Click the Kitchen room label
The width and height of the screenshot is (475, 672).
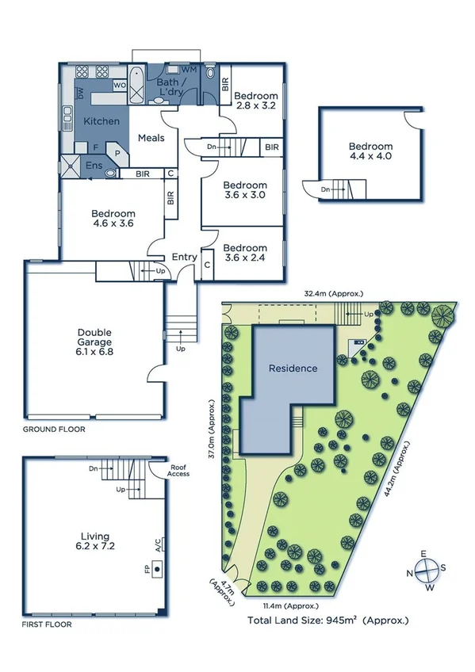[x=102, y=121]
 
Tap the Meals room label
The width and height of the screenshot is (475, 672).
[x=151, y=138]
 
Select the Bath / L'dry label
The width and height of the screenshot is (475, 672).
[x=170, y=86]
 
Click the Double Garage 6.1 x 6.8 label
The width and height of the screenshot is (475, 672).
[x=94, y=342]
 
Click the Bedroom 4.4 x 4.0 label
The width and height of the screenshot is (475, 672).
[x=370, y=151]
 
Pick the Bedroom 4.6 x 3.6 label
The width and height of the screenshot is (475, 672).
[x=113, y=219]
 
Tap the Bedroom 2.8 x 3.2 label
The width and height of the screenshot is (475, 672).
[x=255, y=101]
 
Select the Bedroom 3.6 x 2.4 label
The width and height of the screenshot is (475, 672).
[x=244, y=252]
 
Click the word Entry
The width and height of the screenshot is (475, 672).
[x=184, y=257]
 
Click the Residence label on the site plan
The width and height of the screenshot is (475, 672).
[x=293, y=368]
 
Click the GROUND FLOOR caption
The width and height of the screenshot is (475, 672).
[x=54, y=429]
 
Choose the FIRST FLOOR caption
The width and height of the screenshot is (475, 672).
[x=47, y=624]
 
